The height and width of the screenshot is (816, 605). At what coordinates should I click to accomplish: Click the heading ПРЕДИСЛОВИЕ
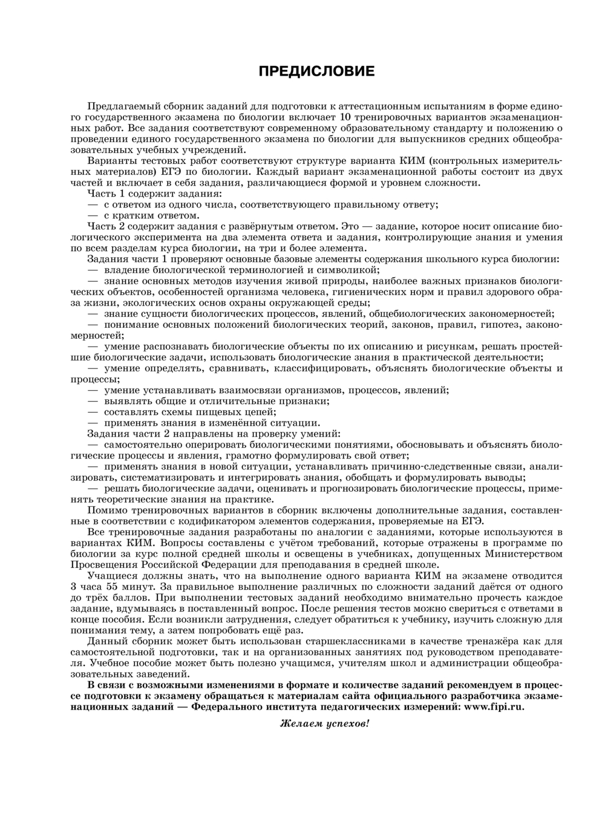coord(316,72)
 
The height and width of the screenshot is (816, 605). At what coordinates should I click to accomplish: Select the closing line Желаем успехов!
coord(324,724)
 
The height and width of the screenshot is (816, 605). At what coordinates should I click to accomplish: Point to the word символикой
coord(351,270)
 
